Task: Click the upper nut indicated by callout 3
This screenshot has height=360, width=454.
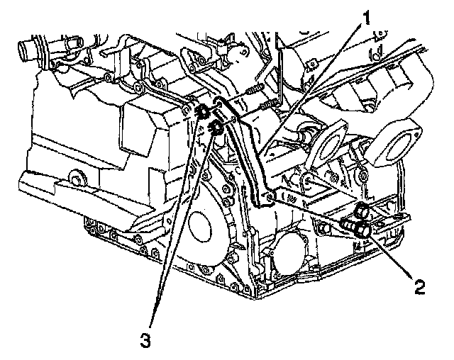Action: click(201, 111)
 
